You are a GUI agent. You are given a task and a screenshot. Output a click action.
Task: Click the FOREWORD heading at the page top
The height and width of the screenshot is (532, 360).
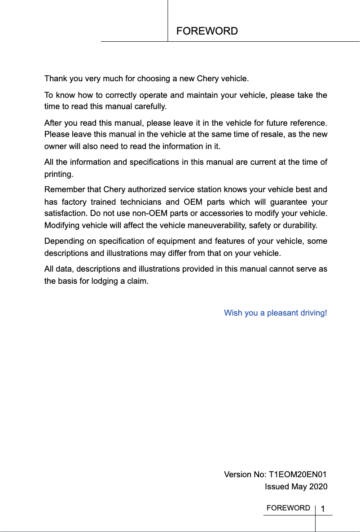coord(207,31)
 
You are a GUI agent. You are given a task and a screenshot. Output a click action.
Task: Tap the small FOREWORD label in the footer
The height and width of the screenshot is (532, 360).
coord(288,508)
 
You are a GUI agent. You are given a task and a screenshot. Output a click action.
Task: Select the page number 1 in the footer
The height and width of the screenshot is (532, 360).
coord(323,509)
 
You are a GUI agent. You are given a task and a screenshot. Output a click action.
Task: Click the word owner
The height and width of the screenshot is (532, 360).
coord(54,146)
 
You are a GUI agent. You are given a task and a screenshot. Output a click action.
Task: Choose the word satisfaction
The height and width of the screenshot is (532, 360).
coord(66,213)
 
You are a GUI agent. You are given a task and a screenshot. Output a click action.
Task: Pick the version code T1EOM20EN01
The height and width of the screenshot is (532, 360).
coord(298,475)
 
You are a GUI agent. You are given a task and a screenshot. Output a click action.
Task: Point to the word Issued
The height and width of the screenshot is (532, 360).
coord(277,487)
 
